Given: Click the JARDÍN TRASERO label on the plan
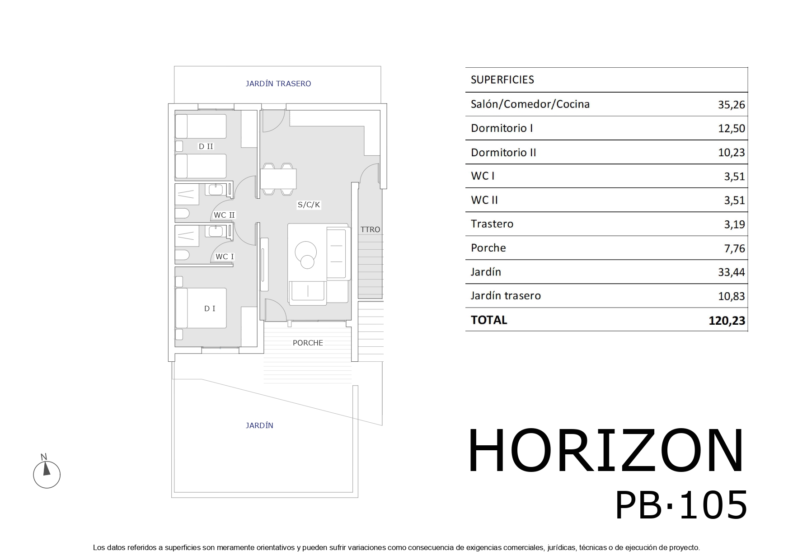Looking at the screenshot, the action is (278, 84).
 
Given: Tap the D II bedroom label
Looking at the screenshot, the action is (206, 146).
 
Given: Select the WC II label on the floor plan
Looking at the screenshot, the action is (224, 215).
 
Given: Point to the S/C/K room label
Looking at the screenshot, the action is (309, 205).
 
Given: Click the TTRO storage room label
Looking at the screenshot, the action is (370, 229).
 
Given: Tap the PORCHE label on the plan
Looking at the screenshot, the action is (308, 343).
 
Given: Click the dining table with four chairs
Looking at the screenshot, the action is (278, 179).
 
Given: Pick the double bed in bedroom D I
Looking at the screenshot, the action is (201, 308).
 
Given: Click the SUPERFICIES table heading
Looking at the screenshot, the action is (502, 80).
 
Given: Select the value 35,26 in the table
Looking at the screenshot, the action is (731, 105).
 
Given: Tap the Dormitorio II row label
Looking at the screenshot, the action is (503, 153).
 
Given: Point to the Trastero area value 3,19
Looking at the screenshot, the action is (734, 224).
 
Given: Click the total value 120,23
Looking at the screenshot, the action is (727, 321).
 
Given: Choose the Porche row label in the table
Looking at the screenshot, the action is (488, 248).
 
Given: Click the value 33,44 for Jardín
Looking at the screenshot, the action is (731, 272).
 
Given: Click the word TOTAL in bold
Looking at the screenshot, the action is (489, 320).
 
